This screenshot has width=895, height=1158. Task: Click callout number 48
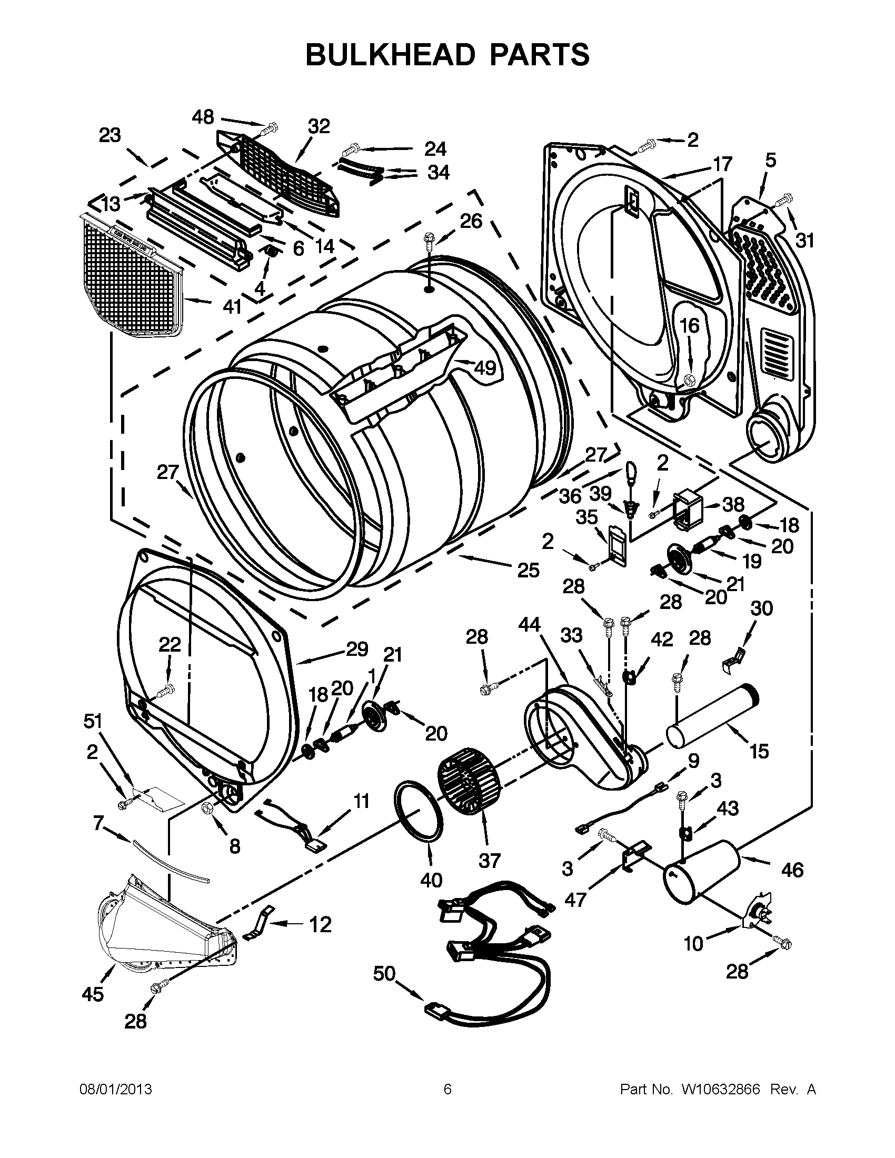[203, 117]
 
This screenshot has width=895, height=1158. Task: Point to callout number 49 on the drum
[484, 367]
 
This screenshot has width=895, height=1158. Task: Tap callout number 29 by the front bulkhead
[357, 648]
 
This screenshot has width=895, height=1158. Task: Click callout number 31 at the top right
[804, 240]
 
